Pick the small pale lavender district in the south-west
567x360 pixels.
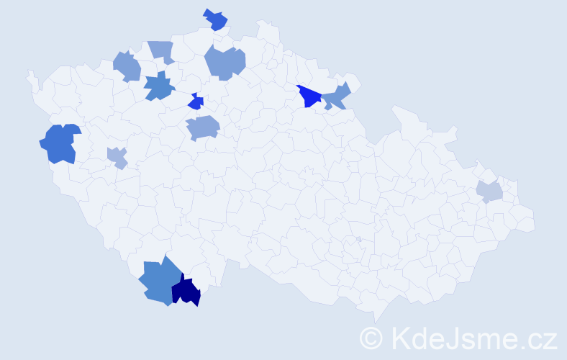click(x=117, y=156)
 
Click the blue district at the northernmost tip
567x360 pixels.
click(x=215, y=20)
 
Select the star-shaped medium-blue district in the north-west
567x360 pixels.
click(x=159, y=87)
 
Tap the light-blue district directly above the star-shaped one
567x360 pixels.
click(x=162, y=50)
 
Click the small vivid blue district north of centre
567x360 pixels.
click(x=195, y=102)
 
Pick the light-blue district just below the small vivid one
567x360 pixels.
click(x=202, y=127)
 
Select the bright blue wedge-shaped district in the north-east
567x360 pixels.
click(x=309, y=96)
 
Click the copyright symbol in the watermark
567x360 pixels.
click(x=371, y=337)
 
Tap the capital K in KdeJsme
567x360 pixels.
click(x=399, y=336)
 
